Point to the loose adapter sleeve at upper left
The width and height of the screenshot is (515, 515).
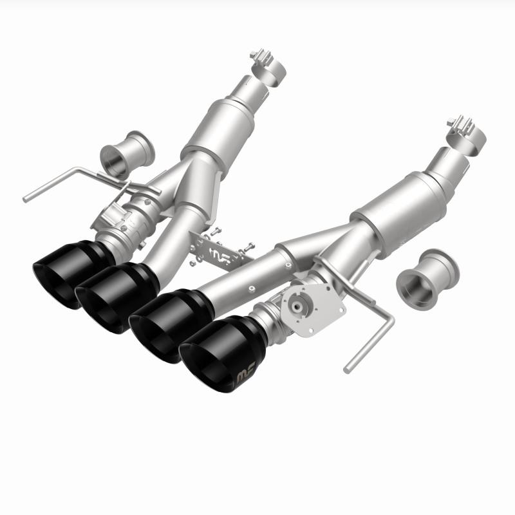[128, 155]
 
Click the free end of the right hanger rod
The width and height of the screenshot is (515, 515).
[348, 370]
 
